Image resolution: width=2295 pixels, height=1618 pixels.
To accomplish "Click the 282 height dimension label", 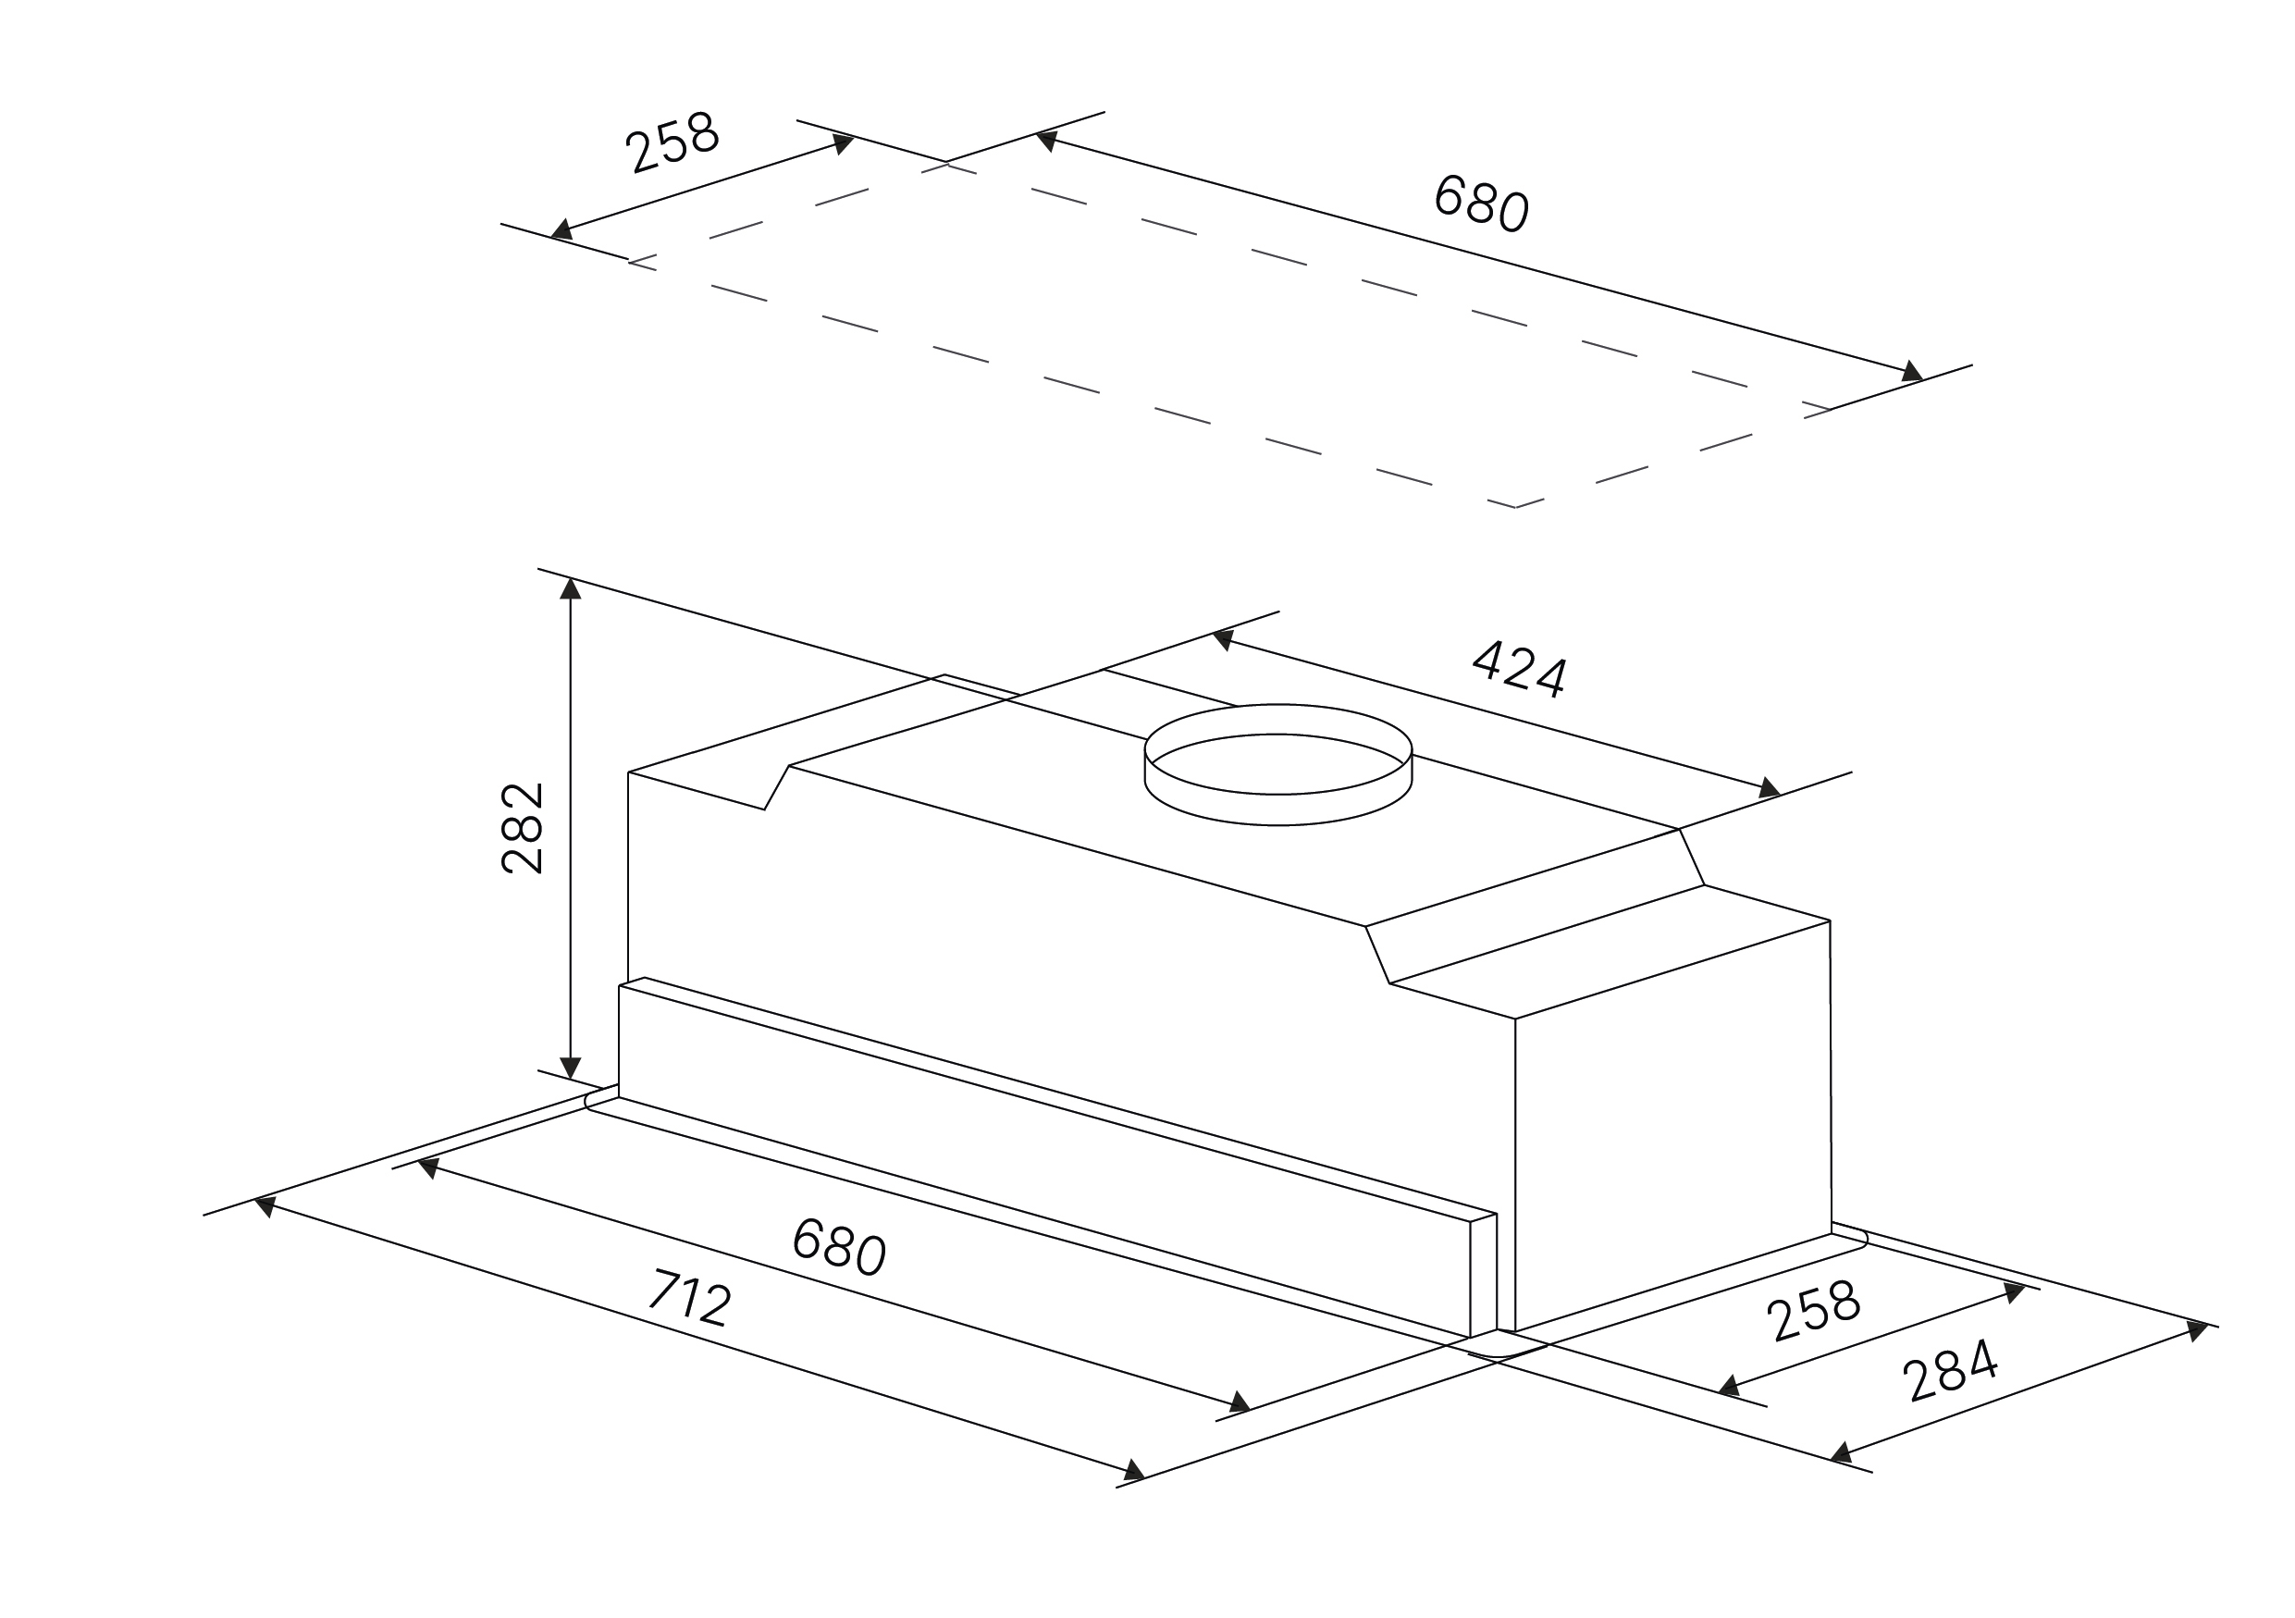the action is tap(522, 829).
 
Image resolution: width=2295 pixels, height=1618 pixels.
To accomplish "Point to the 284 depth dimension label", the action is tap(1950, 1370).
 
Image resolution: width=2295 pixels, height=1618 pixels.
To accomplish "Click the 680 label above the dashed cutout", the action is tap(1481, 203).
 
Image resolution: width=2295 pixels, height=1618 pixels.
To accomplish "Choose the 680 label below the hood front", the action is tap(839, 1246).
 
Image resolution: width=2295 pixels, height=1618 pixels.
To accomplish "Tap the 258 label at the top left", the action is tap(672, 142).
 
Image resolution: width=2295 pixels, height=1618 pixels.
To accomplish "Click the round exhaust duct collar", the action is tap(1277, 764).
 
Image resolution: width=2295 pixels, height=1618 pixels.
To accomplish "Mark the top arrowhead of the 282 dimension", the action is tap(570, 588).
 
